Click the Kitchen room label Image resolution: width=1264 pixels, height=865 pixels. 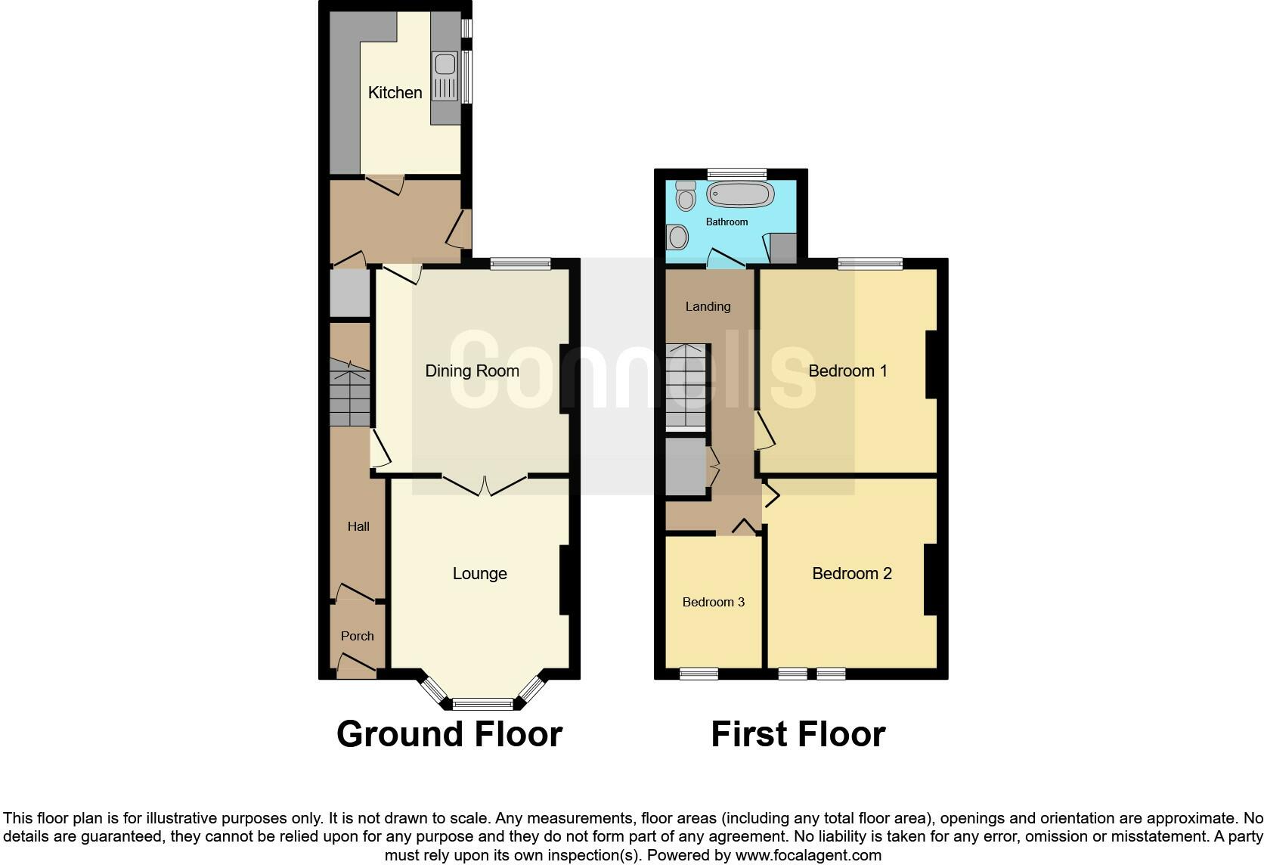pos(395,92)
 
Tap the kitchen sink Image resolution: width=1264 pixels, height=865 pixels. pos(444,76)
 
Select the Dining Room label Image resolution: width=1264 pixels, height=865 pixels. pos(472,370)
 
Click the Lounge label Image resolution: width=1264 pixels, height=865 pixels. pos(479,573)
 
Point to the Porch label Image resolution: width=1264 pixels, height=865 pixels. pos(357,636)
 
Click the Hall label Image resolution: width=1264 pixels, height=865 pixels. pos(358,526)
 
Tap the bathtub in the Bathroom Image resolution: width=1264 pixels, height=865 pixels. pos(739,194)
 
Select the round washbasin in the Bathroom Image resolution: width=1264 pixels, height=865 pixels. pos(678,237)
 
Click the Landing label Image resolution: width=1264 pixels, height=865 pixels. pos(708,306)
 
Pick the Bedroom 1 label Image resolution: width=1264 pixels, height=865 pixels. pos(847,370)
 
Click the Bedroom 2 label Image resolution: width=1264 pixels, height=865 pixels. pos(851,573)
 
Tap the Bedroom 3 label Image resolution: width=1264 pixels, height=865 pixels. pos(713,602)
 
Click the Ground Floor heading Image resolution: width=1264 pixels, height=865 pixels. pos(449,734)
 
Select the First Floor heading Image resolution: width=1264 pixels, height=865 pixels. pos(798,734)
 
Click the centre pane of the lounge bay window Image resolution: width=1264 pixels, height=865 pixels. pos(482,704)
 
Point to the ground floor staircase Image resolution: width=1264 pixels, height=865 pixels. pos(350,393)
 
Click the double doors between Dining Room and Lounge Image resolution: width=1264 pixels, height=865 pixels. pos(485,485)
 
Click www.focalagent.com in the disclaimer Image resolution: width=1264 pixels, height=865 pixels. pos(808,855)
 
